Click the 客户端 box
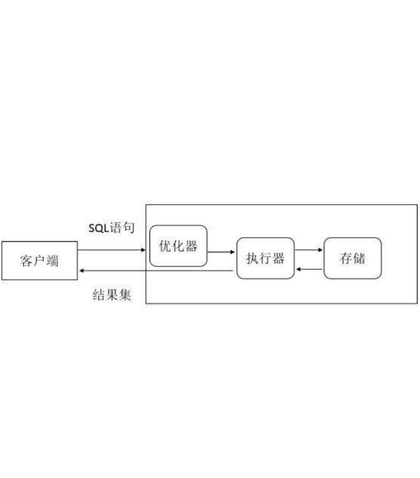tap(40, 260)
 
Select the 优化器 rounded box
tap(178, 246)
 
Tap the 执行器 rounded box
tap(265, 258)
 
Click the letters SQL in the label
tap(99, 228)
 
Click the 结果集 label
tap(112, 295)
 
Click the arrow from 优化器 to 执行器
tap(221, 252)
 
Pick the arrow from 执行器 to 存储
tap(309, 249)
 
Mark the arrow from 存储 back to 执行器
tap(309, 270)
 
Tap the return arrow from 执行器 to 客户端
tap(156, 271)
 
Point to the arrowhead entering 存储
tap(321, 249)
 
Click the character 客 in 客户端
tap(27, 261)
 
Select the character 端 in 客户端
tap(52, 261)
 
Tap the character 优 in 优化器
tap(165, 246)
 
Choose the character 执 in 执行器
tap(252, 259)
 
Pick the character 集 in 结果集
tap(125, 295)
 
